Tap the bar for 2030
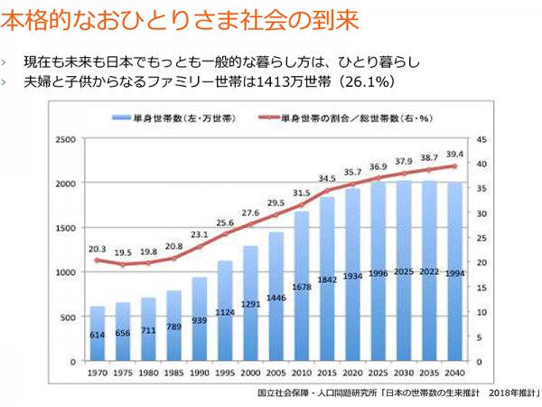click(x=404, y=270)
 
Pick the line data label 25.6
click(x=225, y=222)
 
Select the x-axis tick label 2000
click(x=250, y=372)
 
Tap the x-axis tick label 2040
click(x=454, y=372)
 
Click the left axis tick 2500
click(x=64, y=139)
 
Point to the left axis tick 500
click(x=67, y=317)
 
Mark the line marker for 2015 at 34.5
click(x=327, y=192)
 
